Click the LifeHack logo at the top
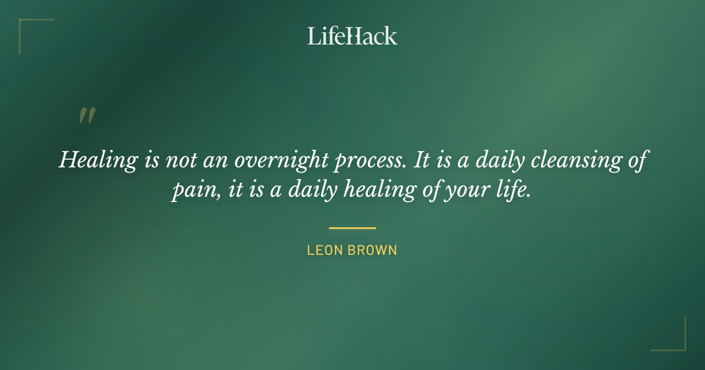pos(352,36)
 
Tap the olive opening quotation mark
pos(86,116)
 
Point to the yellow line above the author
pos(352,228)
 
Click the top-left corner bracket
pos(26,26)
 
